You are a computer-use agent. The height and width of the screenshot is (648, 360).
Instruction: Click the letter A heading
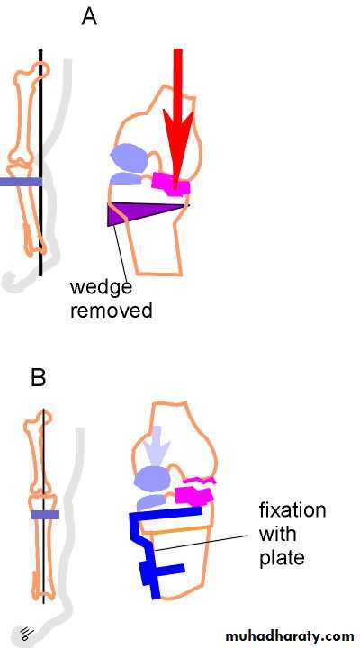click(x=89, y=17)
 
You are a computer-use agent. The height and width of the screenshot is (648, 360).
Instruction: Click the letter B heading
click(x=39, y=377)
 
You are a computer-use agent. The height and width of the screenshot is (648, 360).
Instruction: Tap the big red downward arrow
click(x=177, y=120)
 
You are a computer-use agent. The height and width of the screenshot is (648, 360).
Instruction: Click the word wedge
click(x=101, y=288)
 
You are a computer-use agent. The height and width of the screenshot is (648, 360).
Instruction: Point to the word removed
click(x=112, y=310)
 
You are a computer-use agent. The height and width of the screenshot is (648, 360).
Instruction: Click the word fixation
click(x=292, y=510)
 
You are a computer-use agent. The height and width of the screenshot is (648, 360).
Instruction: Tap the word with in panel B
click(x=278, y=534)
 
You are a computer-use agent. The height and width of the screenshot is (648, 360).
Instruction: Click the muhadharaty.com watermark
click(x=290, y=635)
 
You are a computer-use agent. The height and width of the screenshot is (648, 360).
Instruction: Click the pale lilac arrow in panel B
click(x=160, y=445)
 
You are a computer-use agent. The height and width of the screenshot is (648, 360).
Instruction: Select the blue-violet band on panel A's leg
click(x=21, y=182)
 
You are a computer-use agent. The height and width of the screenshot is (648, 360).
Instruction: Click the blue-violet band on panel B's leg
click(x=46, y=515)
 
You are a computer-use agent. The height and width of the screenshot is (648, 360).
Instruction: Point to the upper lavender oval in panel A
click(x=129, y=157)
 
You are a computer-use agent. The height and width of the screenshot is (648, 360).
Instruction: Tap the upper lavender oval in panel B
click(x=152, y=480)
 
